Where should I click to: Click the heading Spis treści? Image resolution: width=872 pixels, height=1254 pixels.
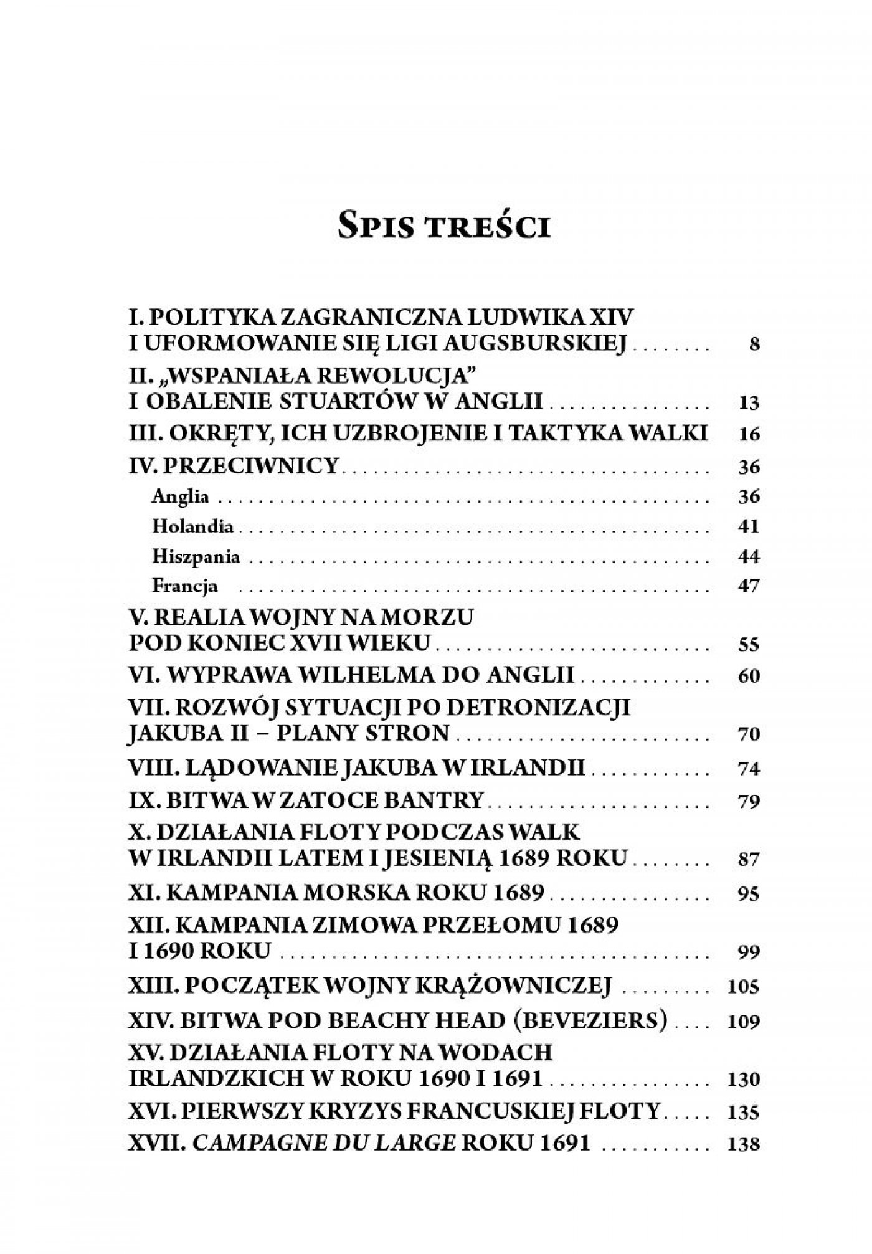point(443,227)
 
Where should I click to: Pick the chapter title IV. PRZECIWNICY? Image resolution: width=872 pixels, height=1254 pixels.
point(233,465)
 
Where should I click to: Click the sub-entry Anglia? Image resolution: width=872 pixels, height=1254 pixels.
point(181,496)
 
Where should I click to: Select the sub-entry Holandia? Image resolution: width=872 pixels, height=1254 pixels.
point(193,526)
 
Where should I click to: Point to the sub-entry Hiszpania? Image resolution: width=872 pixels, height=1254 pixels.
point(196,556)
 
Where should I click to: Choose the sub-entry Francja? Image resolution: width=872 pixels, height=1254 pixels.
point(185,586)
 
